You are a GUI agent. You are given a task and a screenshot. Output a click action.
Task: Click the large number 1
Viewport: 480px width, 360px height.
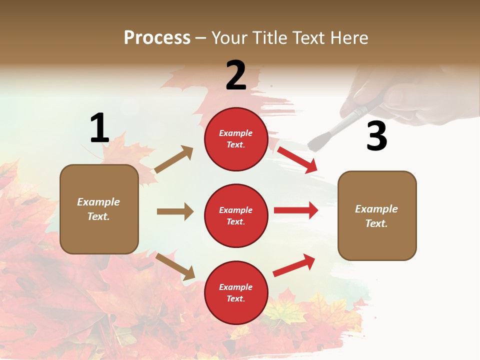pyautogui.click(x=99, y=128)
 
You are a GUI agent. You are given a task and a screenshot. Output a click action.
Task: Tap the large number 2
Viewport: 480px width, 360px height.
pyautogui.click(x=236, y=75)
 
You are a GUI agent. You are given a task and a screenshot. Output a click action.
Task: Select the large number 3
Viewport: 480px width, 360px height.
pyautogui.click(x=376, y=136)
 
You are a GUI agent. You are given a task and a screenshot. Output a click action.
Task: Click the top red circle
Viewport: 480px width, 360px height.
pyautogui.click(x=236, y=139)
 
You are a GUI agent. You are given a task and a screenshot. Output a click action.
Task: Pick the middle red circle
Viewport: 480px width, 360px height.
pyautogui.click(x=236, y=216)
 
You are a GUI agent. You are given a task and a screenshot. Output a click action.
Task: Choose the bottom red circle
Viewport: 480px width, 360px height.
pyautogui.click(x=236, y=293)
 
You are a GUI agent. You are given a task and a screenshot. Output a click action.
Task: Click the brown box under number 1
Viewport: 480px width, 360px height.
pyautogui.click(x=99, y=209)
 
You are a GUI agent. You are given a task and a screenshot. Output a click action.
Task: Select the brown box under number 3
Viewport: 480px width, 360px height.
pyautogui.click(x=377, y=215)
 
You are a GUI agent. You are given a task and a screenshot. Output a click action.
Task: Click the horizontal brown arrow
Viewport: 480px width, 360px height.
pyautogui.click(x=175, y=211)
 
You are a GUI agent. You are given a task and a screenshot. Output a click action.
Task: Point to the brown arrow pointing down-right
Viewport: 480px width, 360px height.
pyautogui.click(x=175, y=266)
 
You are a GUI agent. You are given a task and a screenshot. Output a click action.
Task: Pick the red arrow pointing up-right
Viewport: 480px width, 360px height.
pyautogui.click(x=294, y=265)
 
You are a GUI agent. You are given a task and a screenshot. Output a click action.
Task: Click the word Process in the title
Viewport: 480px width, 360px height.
pyautogui.click(x=157, y=37)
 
